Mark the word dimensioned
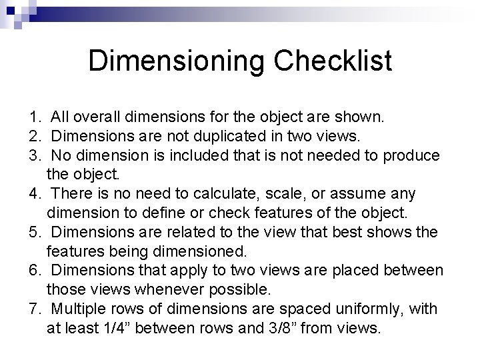click(204, 251)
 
